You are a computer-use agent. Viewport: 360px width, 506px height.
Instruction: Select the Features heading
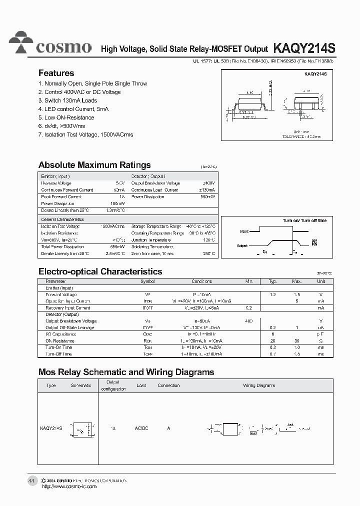[x=56, y=73]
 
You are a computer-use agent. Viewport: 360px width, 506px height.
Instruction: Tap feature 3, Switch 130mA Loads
[x=67, y=100]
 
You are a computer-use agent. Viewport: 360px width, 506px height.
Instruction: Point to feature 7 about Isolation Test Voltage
[x=85, y=134]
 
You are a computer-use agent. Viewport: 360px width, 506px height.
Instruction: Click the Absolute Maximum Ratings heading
[x=94, y=165]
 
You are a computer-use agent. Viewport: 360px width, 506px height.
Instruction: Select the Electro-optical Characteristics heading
[x=100, y=271]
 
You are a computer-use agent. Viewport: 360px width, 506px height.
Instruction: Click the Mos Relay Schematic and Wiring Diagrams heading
[x=126, y=372]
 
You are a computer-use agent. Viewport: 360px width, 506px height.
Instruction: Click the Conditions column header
[x=201, y=281]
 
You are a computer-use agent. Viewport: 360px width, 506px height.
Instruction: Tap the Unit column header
[x=320, y=281]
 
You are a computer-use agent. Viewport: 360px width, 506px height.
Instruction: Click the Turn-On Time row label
[x=58, y=347]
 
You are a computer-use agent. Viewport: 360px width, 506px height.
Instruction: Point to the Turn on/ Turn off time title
[x=304, y=220]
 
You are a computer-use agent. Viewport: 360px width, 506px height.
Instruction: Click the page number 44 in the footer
[x=31, y=480]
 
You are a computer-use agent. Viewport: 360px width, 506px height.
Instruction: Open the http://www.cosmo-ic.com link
[x=68, y=486]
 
